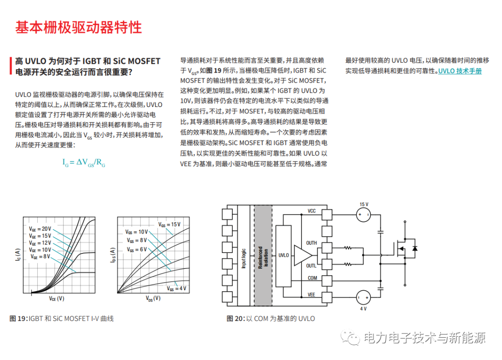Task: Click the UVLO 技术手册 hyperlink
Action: coord(460,71)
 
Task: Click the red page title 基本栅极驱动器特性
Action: coord(79,27)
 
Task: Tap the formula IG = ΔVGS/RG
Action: coord(84,162)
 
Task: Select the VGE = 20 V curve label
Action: coord(40,229)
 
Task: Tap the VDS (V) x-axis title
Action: coord(153,298)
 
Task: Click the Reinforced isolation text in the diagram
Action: coord(263,257)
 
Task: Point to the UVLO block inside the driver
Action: coord(283,255)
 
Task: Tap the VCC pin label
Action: coord(311,211)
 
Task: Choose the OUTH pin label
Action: coord(311,243)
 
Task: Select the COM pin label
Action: coord(312,278)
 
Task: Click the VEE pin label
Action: coord(311,295)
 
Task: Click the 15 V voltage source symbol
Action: coord(363,214)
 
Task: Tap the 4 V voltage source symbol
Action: coord(363,298)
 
